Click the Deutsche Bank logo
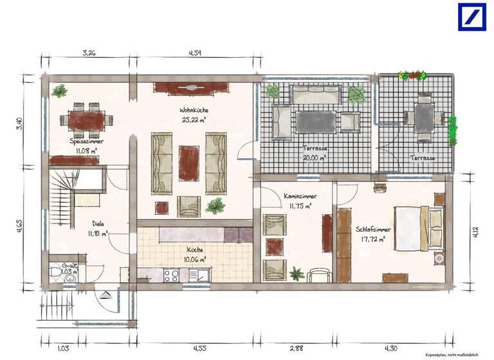click(x=471, y=17)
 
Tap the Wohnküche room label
click(x=193, y=111)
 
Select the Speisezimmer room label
click(x=87, y=141)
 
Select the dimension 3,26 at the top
click(x=89, y=53)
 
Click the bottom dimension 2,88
click(x=296, y=348)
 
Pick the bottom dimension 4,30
click(x=390, y=348)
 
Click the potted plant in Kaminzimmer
click(x=297, y=274)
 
